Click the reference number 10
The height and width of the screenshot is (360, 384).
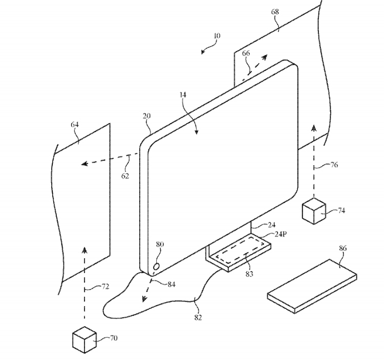(217, 36)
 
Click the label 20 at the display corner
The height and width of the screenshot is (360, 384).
(146, 117)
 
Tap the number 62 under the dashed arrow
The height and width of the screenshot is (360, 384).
(125, 176)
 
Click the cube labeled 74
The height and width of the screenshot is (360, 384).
(313, 211)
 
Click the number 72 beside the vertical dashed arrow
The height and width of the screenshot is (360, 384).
(104, 287)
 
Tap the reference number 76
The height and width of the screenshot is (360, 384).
(333, 165)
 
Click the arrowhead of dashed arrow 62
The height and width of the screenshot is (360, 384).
(83, 164)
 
